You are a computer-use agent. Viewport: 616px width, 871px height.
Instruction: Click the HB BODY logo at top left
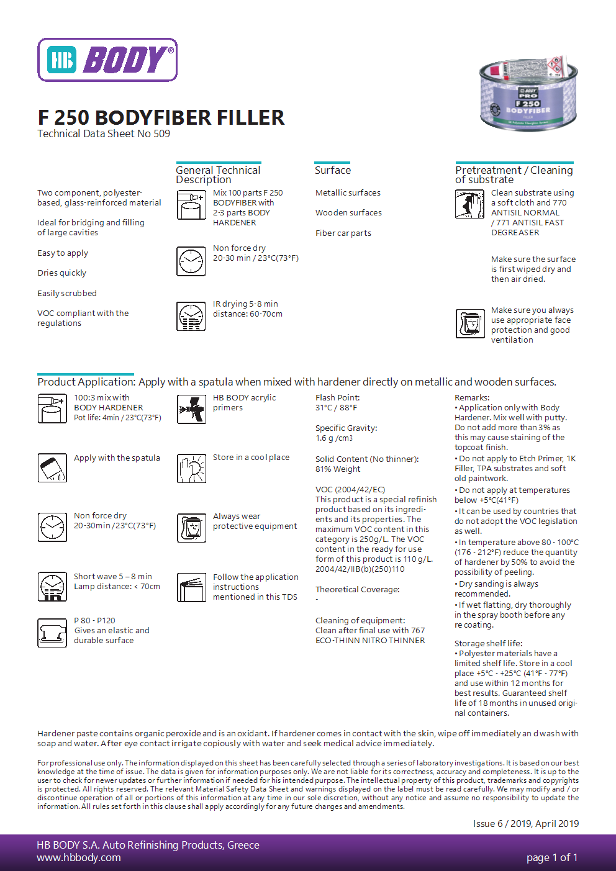pyautogui.click(x=107, y=60)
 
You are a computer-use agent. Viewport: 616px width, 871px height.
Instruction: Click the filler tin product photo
pyautogui.click(x=528, y=94)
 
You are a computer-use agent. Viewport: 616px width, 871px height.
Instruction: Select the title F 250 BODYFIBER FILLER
pyautogui.click(x=161, y=117)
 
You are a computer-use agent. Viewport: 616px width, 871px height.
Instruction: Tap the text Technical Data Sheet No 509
pyautogui.click(x=104, y=133)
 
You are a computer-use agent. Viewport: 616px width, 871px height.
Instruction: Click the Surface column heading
pyautogui.click(x=333, y=170)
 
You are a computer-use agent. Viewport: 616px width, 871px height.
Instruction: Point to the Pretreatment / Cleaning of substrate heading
pyautogui.click(x=514, y=174)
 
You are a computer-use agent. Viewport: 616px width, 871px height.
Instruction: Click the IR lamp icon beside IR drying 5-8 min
pyautogui.click(x=191, y=317)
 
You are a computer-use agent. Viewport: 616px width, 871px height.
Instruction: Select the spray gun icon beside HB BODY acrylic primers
pyautogui.click(x=191, y=409)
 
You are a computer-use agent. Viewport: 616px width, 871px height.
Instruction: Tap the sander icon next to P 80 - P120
pyautogui.click(x=52, y=633)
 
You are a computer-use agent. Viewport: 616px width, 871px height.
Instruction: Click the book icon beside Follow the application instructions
pyautogui.click(x=191, y=588)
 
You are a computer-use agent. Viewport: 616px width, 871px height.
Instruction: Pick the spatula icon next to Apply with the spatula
pyautogui.click(x=52, y=468)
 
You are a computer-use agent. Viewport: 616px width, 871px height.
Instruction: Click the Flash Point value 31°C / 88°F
pyautogui.click(x=336, y=408)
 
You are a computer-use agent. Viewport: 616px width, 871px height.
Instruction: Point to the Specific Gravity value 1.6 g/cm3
pyautogui.click(x=334, y=438)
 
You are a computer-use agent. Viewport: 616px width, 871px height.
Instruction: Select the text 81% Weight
pyautogui.click(x=338, y=469)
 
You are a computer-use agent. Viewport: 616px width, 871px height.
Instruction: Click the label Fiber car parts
pyautogui.click(x=343, y=233)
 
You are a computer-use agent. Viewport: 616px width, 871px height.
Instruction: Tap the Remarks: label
pyautogui.click(x=472, y=398)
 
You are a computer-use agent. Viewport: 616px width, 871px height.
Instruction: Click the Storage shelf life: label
pyautogui.click(x=488, y=644)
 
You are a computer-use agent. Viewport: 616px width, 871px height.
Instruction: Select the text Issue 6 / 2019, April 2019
pyautogui.click(x=525, y=824)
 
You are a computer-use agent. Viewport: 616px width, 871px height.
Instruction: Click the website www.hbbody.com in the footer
pyautogui.click(x=79, y=858)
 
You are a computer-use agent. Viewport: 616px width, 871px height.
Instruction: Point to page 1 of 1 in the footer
pyautogui.click(x=551, y=858)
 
